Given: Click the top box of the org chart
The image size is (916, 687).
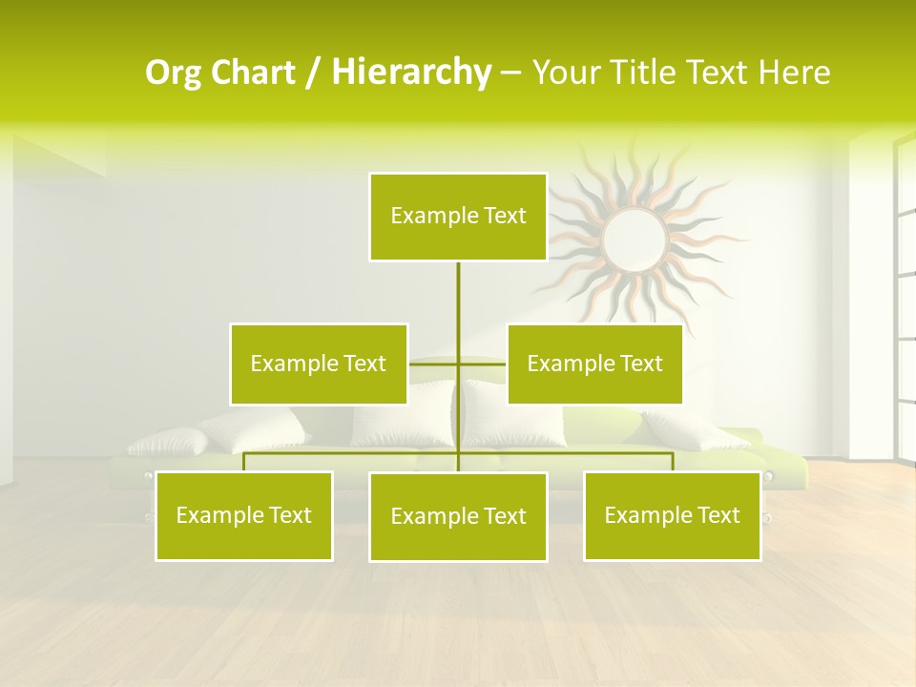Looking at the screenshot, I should pyautogui.click(x=458, y=217).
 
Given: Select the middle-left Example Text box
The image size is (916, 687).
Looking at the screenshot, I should pyautogui.click(x=319, y=364).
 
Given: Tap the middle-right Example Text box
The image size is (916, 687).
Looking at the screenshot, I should pyautogui.click(x=594, y=364).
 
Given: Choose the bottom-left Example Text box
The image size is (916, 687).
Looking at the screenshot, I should pyautogui.click(x=244, y=515).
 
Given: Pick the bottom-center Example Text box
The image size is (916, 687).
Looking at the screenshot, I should pyautogui.click(x=458, y=516).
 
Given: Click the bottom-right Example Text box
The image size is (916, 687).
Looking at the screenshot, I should pyautogui.click(x=673, y=515).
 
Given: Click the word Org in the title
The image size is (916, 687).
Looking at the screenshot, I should pyautogui.click(x=173, y=73).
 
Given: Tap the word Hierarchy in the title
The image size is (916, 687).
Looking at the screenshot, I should pyautogui.click(x=411, y=73).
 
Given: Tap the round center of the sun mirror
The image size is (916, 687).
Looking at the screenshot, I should pyautogui.click(x=634, y=239).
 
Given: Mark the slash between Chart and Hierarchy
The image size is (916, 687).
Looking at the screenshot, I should pyautogui.click(x=313, y=73).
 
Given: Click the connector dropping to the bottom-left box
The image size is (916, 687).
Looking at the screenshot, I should pyautogui.click(x=244, y=462).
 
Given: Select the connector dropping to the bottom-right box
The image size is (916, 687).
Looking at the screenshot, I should pyautogui.click(x=673, y=462).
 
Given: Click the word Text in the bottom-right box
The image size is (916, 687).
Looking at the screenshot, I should pyautogui.click(x=718, y=515).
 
